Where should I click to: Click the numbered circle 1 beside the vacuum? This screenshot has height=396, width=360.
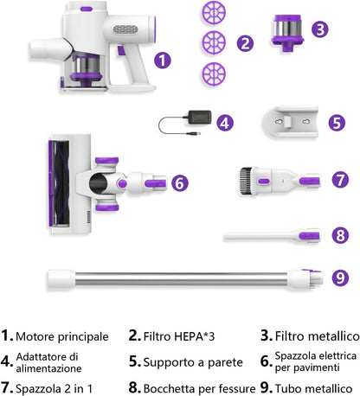point(163,61)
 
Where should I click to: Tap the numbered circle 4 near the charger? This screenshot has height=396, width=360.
point(225,123)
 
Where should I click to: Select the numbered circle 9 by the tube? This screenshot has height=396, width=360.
point(340,278)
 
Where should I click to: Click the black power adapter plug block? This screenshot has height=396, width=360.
point(199,118)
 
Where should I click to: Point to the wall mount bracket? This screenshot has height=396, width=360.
point(290,122)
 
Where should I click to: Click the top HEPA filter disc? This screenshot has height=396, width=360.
point(214,13)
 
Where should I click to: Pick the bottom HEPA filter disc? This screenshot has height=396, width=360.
point(214,73)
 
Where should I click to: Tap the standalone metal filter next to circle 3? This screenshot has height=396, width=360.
point(287,33)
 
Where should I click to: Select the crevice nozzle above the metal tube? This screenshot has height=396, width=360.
point(272,236)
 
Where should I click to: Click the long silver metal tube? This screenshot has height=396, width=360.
point(182,278)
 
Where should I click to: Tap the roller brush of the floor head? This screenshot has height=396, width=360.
point(59,183)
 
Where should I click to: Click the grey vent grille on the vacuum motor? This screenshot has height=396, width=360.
point(125,29)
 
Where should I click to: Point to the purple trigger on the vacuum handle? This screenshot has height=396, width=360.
point(121,51)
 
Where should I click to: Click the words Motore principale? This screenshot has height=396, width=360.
point(62,336)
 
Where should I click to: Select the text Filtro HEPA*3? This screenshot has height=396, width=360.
point(179,336)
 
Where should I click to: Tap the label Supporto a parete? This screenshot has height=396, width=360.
point(193,362)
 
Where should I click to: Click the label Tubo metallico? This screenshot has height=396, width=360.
point(314,388)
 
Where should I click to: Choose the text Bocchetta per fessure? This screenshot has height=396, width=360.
point(200,388)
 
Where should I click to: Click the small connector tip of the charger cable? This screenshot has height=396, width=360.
point(194,133)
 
